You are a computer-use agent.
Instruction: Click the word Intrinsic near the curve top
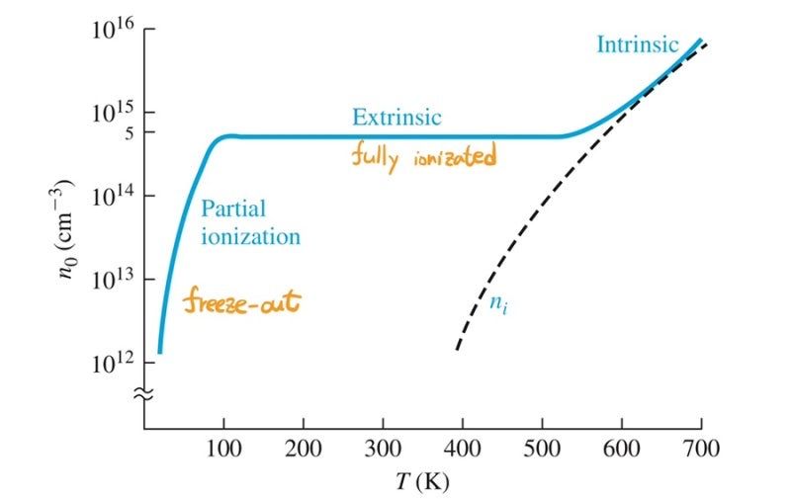coord(637,44)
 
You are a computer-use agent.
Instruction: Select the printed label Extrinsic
coord(396,117)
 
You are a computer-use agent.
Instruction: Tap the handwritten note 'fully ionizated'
coord(422,156)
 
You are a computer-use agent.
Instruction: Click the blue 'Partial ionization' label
coord(249,222)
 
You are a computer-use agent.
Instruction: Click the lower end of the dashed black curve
coord(458,347)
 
